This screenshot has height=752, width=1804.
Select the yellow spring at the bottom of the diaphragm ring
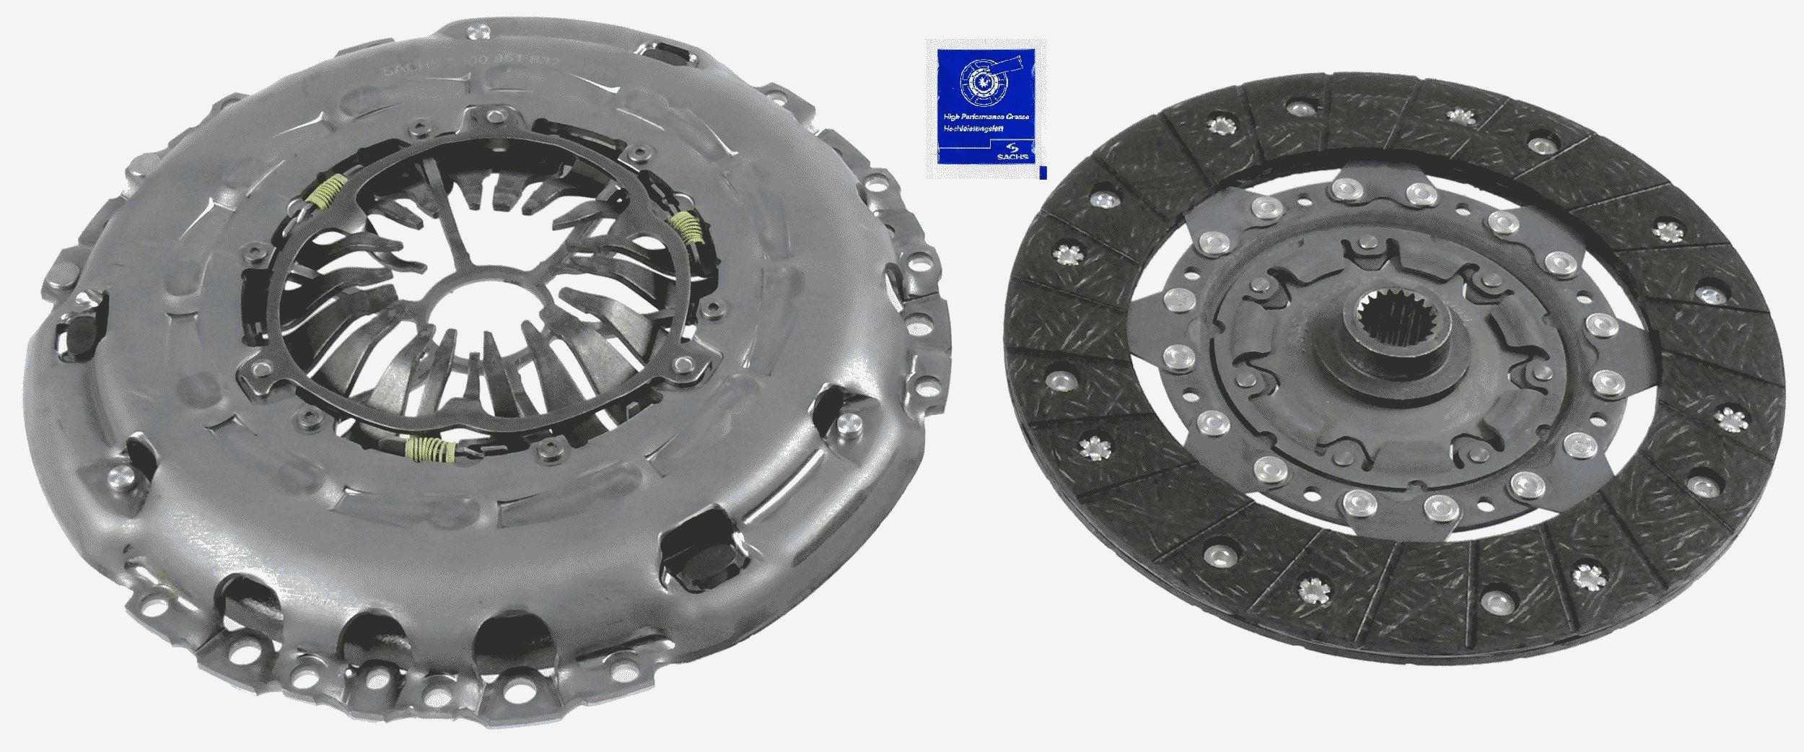pyautogui.click(x=430, y=450)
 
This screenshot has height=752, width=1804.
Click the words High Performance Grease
pyautogui.click(x=986, y=117)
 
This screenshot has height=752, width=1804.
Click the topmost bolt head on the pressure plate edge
pyautogui.click(x=474, y=31)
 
